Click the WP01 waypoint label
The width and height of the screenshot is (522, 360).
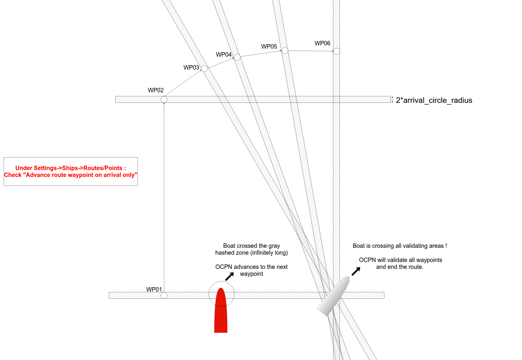[x=154, y=290]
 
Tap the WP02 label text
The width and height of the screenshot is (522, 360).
[x=156, y=90]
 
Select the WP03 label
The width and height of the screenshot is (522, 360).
[x=191, y=68]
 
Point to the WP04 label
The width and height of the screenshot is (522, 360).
[x=224, y=55]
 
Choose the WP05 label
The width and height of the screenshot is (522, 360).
[x=269, y=47]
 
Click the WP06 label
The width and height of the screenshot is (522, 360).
[x=322, y=43]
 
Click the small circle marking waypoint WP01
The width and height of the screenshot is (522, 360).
[x=164, y=296]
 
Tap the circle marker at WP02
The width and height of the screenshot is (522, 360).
[x=164, y=99]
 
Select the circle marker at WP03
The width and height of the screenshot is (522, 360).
[x=204, y=68]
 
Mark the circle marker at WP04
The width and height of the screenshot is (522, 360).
[x=237, y=57]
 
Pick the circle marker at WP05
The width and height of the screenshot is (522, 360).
[x=285, y=50]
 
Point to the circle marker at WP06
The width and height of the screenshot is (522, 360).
[x=337, y=51]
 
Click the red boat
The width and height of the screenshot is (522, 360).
[x=221, y=310]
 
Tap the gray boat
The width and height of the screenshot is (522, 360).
[x=334, y=296]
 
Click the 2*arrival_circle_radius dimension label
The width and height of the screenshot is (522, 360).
[x=434, y=100]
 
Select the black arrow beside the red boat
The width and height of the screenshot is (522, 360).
[x=229, y=276]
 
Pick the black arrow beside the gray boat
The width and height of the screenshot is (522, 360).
[x=356, y=271]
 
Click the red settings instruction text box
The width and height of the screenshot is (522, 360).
[x=70, y=171]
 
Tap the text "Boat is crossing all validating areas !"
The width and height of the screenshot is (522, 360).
[x=400, y=246]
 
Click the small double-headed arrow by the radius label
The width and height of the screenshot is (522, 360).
[x=392, y=100]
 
